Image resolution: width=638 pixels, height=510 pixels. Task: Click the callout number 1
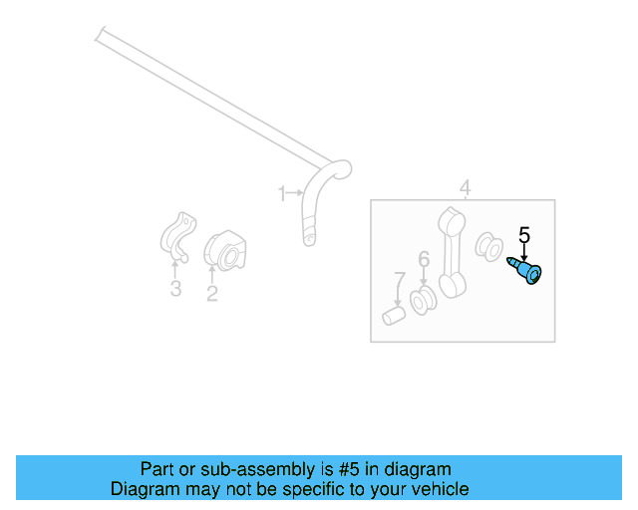pyautogui.click(x=282, y=191)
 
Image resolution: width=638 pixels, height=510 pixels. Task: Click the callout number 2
pyautogui.click(x=212, y=293)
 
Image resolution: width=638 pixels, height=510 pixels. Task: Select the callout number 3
pyautogui.click(x=175, y=290)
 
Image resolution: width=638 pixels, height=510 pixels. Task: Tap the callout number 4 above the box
pyautogui.click(x=465, y=187)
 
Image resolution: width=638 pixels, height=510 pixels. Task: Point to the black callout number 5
pyautogui.click(x=524, y=236)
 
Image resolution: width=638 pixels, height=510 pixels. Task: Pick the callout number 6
pyautogui.click(x=424, y=260)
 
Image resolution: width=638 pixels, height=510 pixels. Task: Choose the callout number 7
pyautogui.click(x=399, y=278)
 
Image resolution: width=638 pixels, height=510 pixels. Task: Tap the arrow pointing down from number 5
pyautogui.click(x=524, y=254)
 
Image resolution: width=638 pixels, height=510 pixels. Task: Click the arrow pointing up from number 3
pyautogui.click(x=175, y=267)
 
